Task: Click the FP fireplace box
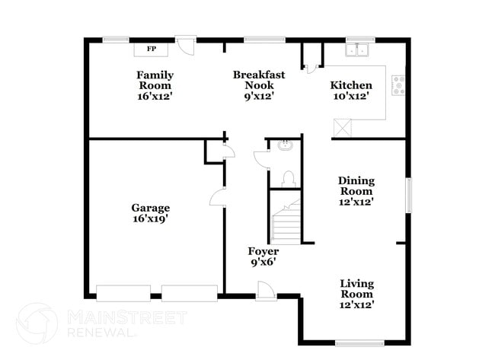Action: pyautogui.click(x=151, y=50)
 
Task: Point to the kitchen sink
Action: pyautogui.click(x=356, y=50)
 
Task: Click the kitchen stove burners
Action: pyautogui.click(x=398, y=85)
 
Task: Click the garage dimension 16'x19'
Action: pyautogui.click(x=150, y=218)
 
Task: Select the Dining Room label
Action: pyautogui.click(x=356, y=186)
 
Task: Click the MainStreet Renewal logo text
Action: pyautogui.click(x=103, y=322)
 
